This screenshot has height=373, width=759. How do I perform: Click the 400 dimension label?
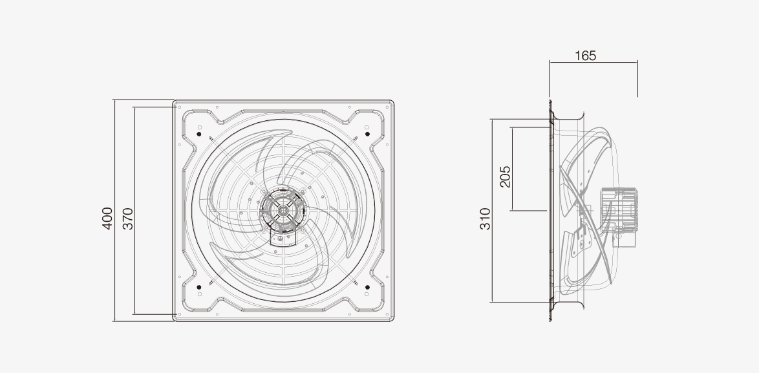pos(107,218)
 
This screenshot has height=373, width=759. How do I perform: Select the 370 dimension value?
pos(127,218)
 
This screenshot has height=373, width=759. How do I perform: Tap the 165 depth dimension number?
pos(585,56)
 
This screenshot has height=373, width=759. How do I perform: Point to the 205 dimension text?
pos(505,176)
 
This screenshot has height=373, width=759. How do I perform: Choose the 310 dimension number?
pos(485,218)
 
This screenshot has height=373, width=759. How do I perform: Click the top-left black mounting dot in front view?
pos(199,134)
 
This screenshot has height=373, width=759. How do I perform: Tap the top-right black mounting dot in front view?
pos(367,134)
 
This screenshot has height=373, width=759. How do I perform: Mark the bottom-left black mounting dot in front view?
pos(199,288)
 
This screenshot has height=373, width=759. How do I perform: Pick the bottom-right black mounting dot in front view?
pos(367,288)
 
